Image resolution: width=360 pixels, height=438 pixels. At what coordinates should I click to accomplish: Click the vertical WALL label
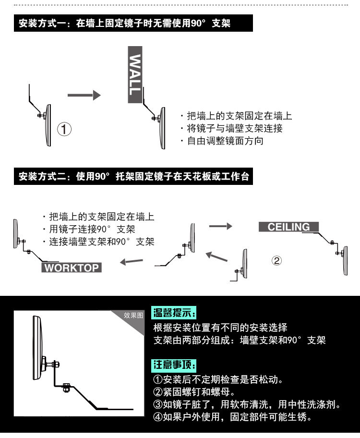[135, 74]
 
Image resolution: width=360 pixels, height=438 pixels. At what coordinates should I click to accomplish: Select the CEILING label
[288, 227]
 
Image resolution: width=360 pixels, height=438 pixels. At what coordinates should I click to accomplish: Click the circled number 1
[65, 129]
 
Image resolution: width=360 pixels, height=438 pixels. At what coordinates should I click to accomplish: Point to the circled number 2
[276, 261]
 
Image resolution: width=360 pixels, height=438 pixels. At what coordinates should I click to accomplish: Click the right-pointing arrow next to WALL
[84, 96]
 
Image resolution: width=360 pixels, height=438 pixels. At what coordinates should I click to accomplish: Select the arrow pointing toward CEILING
[220, 225]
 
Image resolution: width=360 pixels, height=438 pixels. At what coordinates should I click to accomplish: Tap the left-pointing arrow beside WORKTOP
[132, 262]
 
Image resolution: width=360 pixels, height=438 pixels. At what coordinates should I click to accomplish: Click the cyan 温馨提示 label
[174, 314]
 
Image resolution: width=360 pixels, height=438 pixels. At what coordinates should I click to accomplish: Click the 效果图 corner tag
[133, 316]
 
